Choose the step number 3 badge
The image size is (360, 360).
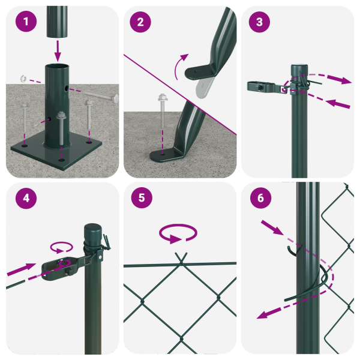pyautogui.click(x=259, y=22)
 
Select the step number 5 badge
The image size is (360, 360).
pyautogui.click(x=141, y=199)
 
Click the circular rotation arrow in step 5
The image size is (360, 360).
pyautogui.click(x=178, y=233)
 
